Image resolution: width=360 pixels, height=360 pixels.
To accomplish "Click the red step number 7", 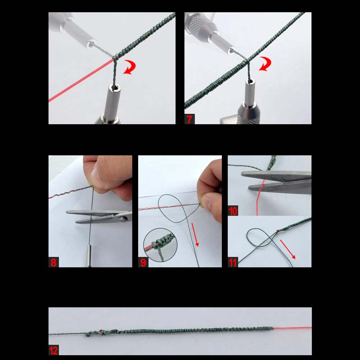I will pos(190,119).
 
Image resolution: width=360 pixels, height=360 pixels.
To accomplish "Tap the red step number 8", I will pos(54,262).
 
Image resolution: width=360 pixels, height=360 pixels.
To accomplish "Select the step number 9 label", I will pos(143,262).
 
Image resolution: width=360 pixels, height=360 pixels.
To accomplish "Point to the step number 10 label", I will pos(233,211).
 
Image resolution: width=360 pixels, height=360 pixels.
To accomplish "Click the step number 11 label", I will pos(233,263).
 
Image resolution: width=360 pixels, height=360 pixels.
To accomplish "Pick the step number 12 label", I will pos(54,350).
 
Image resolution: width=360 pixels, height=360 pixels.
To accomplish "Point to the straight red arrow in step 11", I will pos(288,250).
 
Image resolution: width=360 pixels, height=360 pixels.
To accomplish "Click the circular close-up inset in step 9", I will pos(160,245).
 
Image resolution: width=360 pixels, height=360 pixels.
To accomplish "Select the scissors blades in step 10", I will pos(277,182).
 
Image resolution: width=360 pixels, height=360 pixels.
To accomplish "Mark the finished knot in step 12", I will pos(95,333).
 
